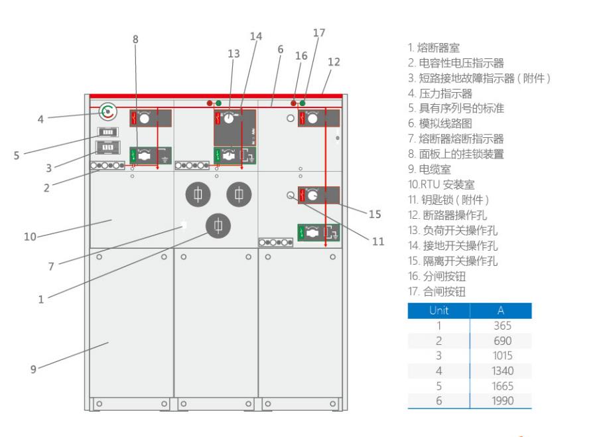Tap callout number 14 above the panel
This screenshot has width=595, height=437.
[x=256, y=37]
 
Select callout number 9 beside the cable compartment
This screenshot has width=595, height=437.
[x=33, y=369]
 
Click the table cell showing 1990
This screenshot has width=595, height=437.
[x=502, y=401]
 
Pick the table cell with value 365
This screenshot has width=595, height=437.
[x=502, y=326]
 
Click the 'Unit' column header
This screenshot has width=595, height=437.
[x=438, y=310]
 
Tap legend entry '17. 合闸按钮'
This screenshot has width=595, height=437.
[x=436, y=291]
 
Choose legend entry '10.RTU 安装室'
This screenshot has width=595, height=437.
[x=441, y=184]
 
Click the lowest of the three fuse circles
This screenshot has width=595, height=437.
[x=218, y=226]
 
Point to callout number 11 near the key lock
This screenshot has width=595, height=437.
[x=378, y=242]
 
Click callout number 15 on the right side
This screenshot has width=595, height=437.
[x=375, y=214]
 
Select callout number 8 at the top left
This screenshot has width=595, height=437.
[x=136, y=39]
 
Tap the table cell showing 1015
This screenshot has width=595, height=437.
[x=502, y=355]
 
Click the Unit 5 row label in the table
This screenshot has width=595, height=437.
[x=438, y=385]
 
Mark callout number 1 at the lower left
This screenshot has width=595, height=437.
[x=41, y=299]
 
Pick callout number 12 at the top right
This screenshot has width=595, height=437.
[x=334, y=62]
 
